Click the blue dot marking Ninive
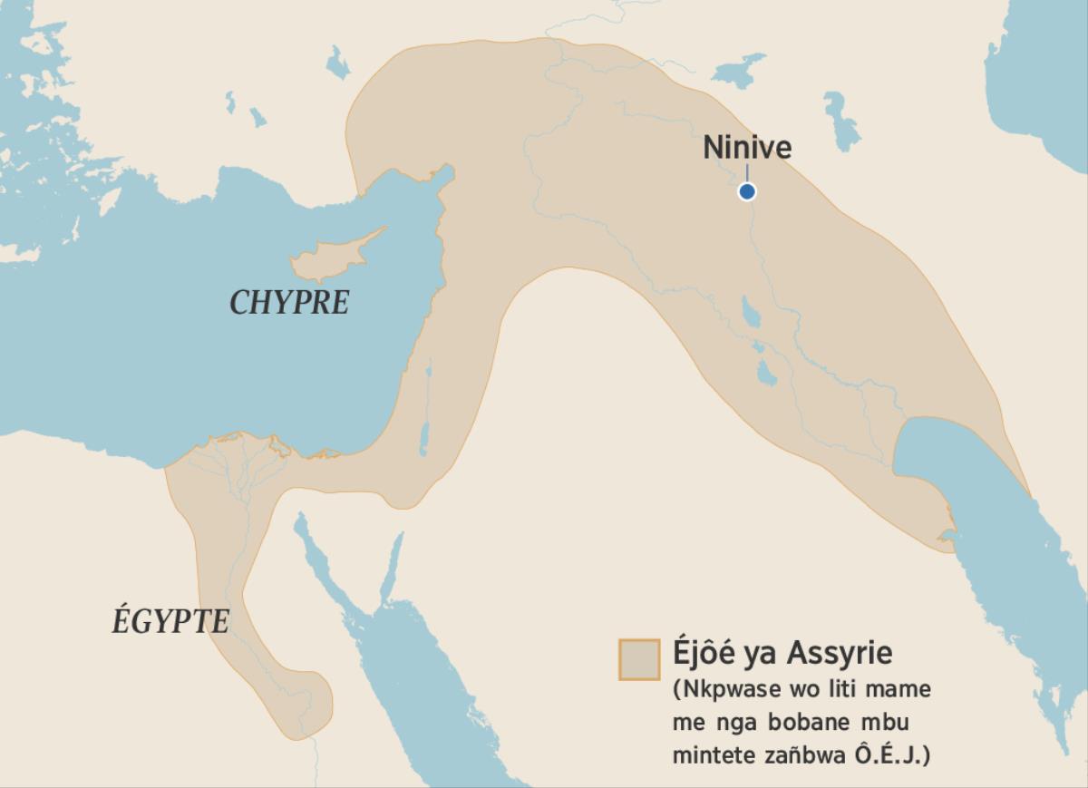(746, 191)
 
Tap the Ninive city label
(747, 148)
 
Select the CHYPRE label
(289, 303)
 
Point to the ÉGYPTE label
(170, 622)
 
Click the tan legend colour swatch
(638, 659)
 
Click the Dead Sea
(423, 436)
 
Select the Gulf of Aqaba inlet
(392, 567)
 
